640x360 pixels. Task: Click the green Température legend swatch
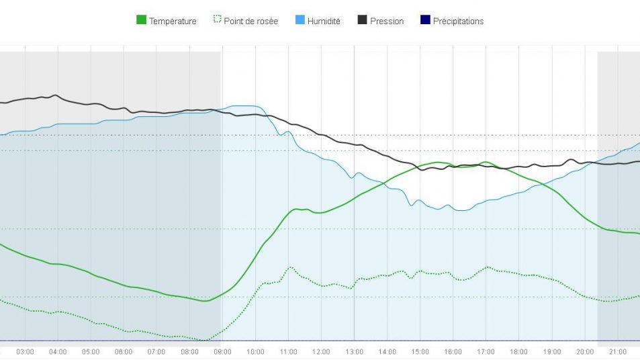tap(141, 21)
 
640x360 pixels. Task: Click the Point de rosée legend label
tap(250, 21)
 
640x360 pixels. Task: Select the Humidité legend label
tap(324, 21)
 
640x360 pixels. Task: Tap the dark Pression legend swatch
tap(362, 21)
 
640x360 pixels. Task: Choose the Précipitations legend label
tap(458, 21)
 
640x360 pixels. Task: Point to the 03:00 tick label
tap(25, 352)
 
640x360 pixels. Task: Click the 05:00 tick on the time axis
tap(91, 352)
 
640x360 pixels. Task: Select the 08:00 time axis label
tap(189, 352)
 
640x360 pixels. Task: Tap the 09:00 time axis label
tap(222, 352)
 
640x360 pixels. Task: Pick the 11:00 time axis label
tap(288, 352)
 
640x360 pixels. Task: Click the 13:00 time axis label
tap(354, 352)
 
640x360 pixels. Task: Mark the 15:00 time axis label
tap(420, 352)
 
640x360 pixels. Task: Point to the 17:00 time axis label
tap(486, 352)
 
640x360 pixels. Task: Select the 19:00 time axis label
tap(551, 352)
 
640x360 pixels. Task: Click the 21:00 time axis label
tap(617, 352)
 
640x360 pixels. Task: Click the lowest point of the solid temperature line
tap(205, 301)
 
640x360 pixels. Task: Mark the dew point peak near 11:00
tap(291, 267)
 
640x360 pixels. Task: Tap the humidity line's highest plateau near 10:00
tap(245, 106)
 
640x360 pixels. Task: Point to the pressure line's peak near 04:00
tap(55, 95)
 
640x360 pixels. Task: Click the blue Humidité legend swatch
tap(300, 21)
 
